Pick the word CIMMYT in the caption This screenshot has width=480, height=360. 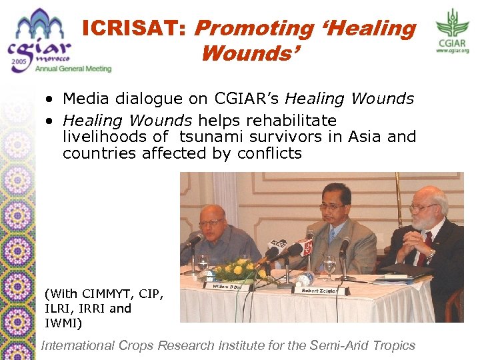98,294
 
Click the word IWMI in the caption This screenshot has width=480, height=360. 64,323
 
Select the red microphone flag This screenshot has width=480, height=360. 305,247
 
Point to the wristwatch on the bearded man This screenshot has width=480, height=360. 432,254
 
